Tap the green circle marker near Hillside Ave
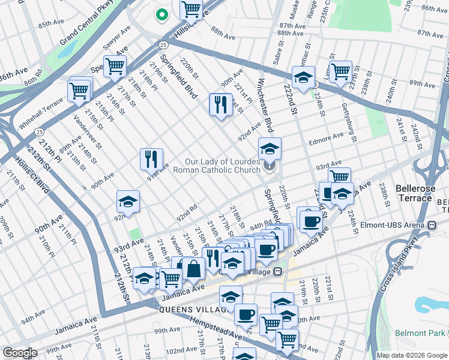[161, 14]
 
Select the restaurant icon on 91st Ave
[149, 160]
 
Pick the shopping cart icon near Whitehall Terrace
[79, 91]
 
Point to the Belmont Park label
[423, 333]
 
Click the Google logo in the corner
[20, 352]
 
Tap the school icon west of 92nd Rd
[128, 202]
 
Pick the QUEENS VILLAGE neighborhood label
[191, 309]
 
